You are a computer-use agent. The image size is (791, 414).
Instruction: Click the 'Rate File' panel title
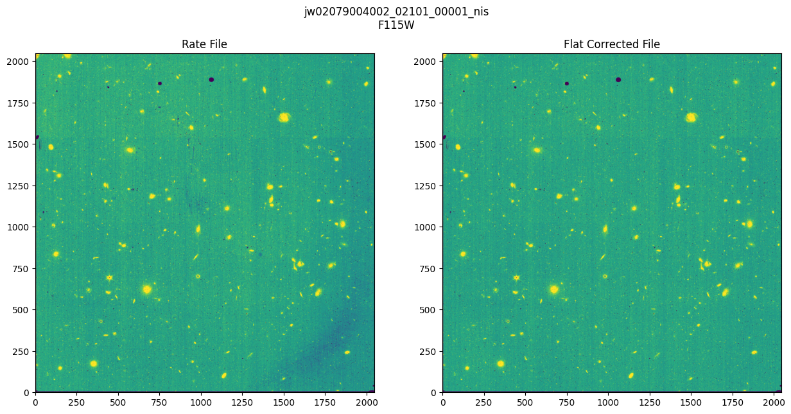(204, 44)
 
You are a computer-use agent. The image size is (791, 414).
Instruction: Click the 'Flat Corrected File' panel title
(611, 44)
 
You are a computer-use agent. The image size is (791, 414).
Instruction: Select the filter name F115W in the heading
(396, 24)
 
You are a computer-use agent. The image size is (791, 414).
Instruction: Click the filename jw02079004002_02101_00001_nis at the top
(396, 12)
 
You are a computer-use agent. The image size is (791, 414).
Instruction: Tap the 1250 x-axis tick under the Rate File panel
(242, 402)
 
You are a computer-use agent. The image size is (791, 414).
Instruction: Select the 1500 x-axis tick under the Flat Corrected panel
(691, 402)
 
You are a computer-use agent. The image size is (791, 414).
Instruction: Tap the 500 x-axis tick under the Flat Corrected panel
(525, 402)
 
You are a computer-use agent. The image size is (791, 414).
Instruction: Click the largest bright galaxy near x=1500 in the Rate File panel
(284, 117)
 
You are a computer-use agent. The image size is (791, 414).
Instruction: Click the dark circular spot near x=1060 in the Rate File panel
(211, 80)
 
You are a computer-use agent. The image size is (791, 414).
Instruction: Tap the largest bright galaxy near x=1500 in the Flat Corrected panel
(691, 117)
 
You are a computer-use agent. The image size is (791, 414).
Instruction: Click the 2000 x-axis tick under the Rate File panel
(367, 402)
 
